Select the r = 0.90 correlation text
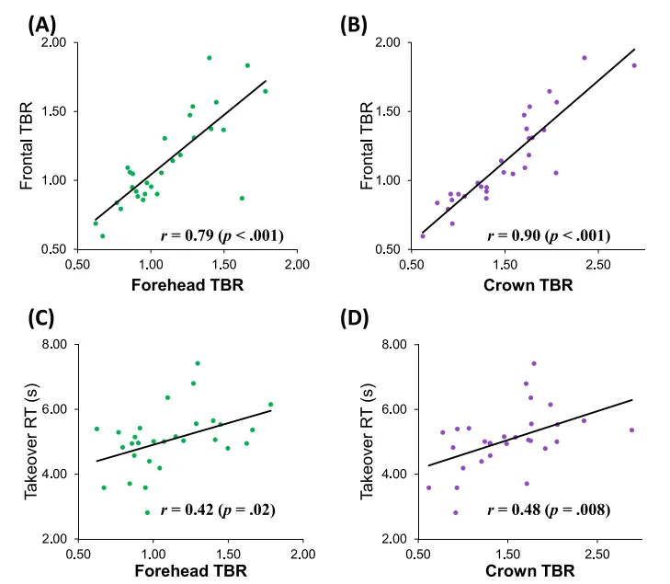[552, 235]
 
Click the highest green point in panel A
[209, 58]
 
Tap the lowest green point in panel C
[147, 512]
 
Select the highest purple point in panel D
[534, 363]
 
